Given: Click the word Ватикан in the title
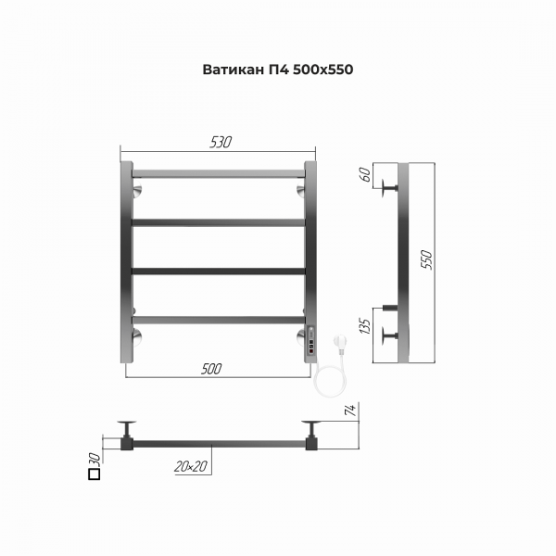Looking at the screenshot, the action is [x=233, y=69].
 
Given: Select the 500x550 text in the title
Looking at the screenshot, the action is [x=323, y=69].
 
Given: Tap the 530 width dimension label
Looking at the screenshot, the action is [x=221, y=142].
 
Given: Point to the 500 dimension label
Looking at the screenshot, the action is [x=211, y=369].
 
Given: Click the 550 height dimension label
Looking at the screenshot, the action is [x=426, y=259].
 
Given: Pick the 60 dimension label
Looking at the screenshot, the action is [x=365, y=174].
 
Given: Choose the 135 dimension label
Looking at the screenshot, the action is [x=365, y=326].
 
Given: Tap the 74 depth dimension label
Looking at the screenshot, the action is [x=350, y=410].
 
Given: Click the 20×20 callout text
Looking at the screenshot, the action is [x=191, y=466].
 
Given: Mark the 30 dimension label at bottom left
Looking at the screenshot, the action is [x=95, y=458].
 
